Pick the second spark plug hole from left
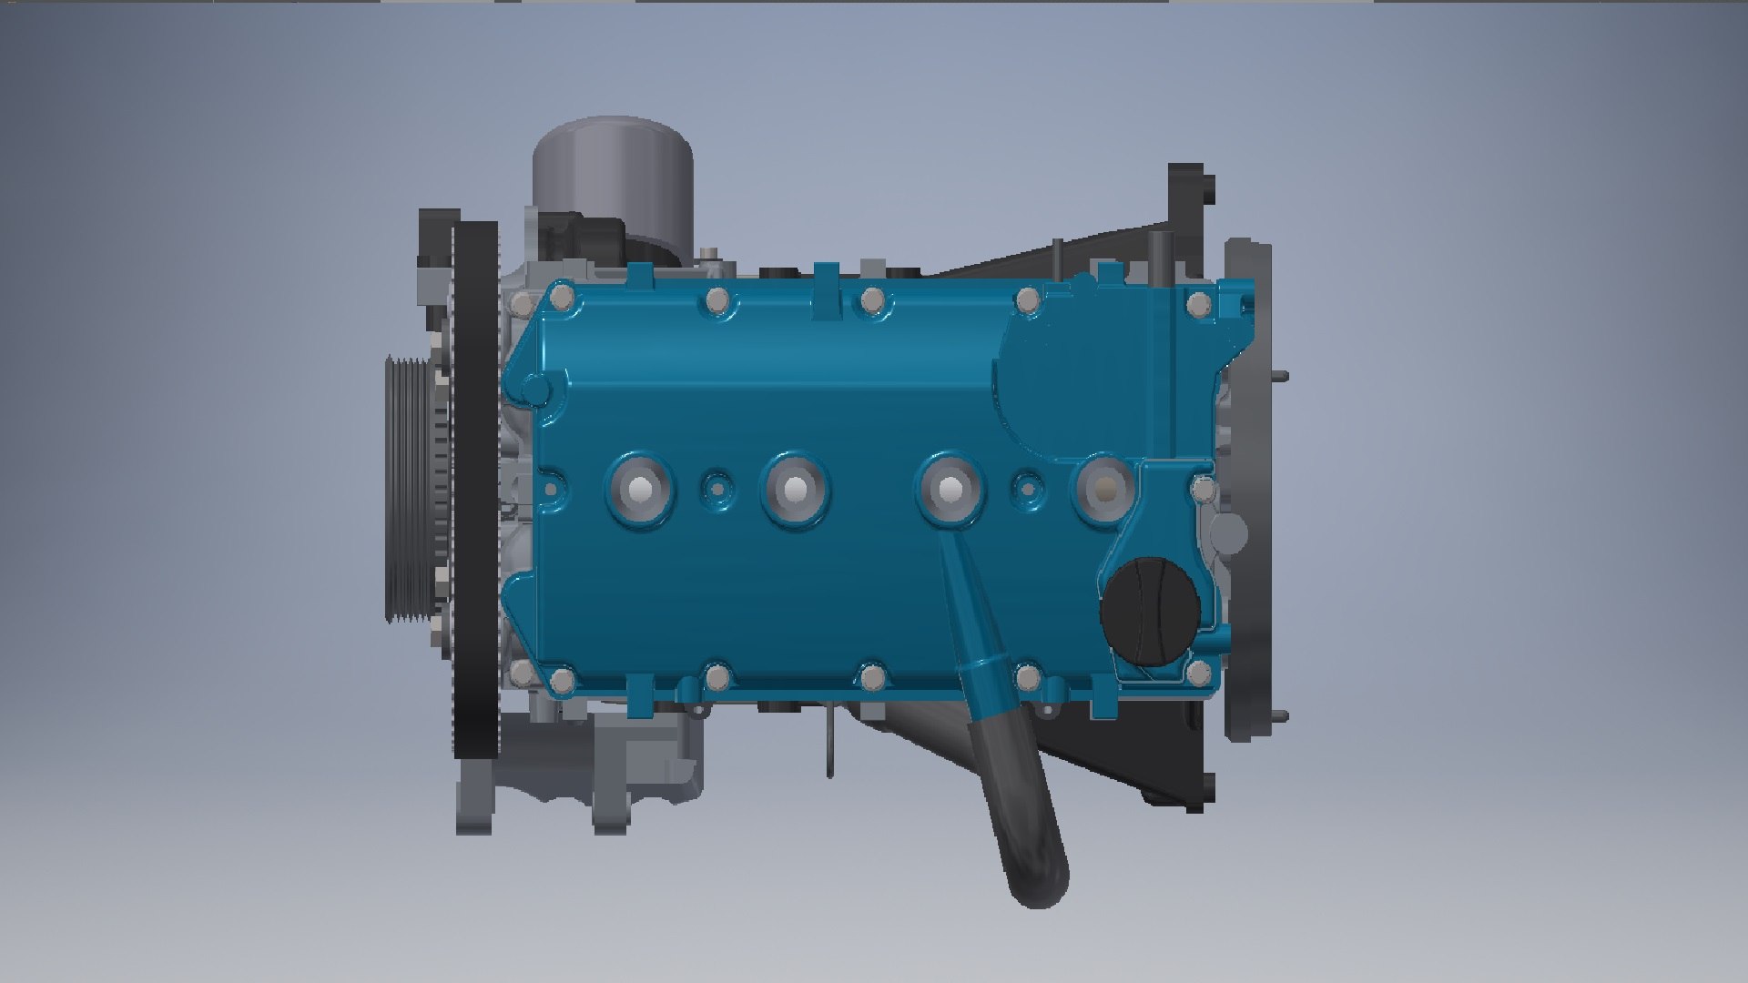pos(794,490)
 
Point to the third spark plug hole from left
pos(950,490)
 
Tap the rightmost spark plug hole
pos(1103,490)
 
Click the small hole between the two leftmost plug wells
pos(716,490)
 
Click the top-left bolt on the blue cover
pos(562,298)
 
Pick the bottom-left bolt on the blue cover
pos(562,679)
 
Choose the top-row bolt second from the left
pos(716,298)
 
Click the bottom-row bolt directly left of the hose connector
pos(871,676)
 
